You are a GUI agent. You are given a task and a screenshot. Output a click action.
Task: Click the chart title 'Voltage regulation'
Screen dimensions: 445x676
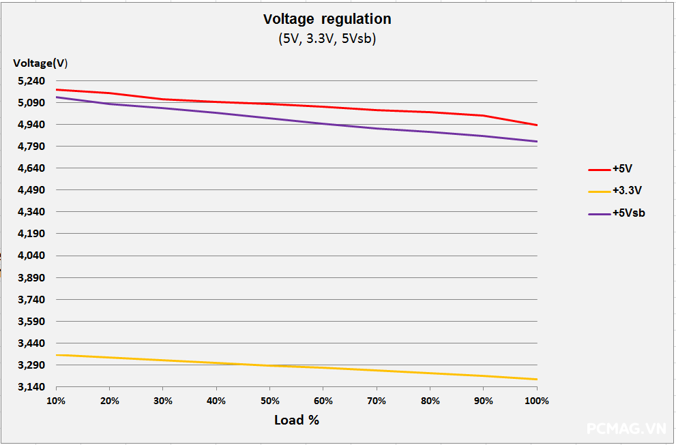click(327, 19)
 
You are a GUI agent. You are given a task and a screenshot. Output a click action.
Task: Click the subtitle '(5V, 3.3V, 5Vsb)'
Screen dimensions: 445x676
click(327, 39)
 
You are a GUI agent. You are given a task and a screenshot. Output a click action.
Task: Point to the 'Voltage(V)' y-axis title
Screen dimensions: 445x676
click(40, 63)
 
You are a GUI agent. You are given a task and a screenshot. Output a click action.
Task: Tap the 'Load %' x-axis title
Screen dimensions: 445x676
click(297, 420)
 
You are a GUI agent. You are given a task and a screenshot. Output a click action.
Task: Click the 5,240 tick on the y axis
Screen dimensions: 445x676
click(30, 81)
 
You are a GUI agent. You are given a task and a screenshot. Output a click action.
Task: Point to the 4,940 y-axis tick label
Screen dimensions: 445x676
click(30, 125)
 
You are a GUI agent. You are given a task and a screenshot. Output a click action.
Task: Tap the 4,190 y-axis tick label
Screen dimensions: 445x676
click(30, 234)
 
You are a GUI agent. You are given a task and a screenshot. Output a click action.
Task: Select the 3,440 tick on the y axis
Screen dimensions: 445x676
click(30, 343)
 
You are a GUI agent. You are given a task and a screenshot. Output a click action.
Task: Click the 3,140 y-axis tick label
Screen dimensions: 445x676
click(30, 387)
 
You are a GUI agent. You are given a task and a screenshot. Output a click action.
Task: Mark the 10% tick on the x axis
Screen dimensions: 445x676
click(56, 401)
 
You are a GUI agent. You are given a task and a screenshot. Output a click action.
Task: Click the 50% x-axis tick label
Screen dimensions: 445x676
click(269, 401)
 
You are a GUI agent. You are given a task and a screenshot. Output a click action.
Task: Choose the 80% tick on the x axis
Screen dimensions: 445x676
click(430, 401)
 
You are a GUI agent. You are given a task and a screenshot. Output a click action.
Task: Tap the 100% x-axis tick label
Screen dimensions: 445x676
click(537, 401)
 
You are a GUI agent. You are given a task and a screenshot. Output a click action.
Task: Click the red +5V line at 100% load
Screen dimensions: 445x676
click(537, 125)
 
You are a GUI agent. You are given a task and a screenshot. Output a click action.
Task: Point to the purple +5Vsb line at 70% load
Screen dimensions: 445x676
click(377, 128)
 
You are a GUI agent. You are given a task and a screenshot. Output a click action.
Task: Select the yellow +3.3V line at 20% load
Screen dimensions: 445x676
click(109, 357)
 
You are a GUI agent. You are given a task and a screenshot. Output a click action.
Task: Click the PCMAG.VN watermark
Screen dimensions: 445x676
click(626, 429)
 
